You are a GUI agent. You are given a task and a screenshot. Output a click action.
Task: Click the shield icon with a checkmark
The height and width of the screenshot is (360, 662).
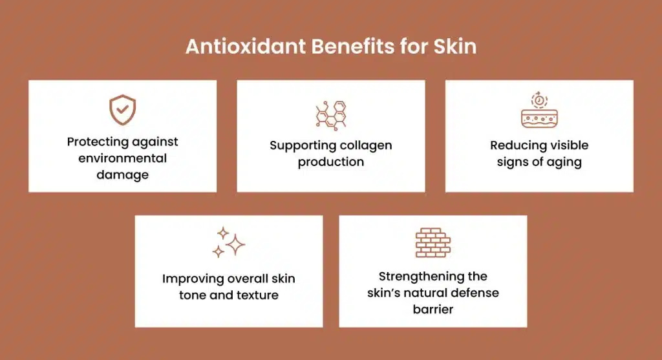pyautogui.click(x=122, y=110)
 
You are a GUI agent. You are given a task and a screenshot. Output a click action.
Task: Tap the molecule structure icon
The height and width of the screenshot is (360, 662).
pyautogui.click(x=331, y=114)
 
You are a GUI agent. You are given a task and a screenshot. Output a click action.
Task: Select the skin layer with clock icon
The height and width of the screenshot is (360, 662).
pyautogui.click(x=539, y=111)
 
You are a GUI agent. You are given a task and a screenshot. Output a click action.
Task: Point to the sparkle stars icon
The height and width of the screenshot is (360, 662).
pyautogui.click(x=229, y=242)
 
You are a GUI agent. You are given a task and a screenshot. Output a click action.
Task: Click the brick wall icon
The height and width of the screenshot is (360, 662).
pyautogui.click(x=432, y=242)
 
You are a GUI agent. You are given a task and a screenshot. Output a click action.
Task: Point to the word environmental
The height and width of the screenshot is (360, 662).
pyautogui.click(x=123, y=158)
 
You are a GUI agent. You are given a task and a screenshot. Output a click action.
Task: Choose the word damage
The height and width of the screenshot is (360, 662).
pyautogui.click(x=123, y=175)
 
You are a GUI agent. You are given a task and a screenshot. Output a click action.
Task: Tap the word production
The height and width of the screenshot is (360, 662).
pyautogui.click(x=331, y=162)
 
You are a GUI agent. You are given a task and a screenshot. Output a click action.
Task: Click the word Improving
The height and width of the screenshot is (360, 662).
pyautogui.click(x=192, y=279)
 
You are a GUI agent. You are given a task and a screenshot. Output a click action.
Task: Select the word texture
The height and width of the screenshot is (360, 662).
pyautogui.click(x=256, y=295)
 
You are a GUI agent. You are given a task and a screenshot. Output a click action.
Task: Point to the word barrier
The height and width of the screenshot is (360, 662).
pyautogui.click(x=432, y=309)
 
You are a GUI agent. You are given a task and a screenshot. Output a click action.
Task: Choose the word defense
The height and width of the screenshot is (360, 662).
pyautogui.click(x=474, y=293)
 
